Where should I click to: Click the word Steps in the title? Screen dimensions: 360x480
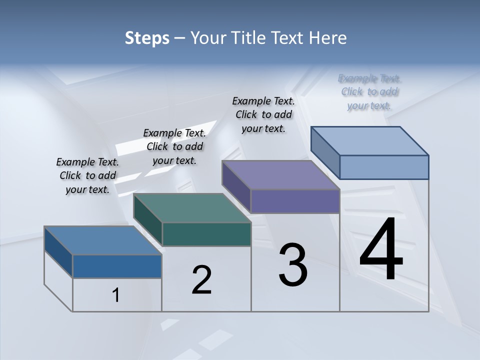pos(147,38)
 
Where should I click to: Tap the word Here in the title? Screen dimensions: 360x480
pos(327,38)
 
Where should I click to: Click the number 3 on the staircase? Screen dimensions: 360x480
pos(293,265)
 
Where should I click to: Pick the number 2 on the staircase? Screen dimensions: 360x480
pos(201,279)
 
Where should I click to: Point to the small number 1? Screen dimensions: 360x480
pos(115,295)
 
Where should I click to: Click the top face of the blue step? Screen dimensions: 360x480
pos(102,240)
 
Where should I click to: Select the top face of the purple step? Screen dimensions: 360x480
pos(280,175)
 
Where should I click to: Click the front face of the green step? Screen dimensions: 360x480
pos(206,234)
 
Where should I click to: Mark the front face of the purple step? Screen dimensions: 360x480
pos(295,201)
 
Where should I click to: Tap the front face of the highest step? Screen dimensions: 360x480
pos(384,167)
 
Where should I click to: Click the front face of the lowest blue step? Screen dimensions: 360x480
pos(117,266)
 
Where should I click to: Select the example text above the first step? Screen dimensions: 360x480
pos(87,175)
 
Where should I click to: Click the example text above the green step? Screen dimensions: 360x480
pos(174,146)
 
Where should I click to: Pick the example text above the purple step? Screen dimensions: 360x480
pos(263,114)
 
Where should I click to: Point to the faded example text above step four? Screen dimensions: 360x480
pos(369,91)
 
